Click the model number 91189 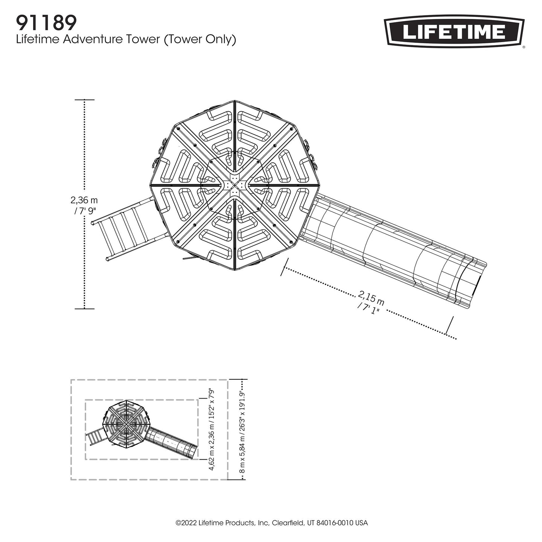46,23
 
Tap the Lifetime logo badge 454,32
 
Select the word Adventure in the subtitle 111,40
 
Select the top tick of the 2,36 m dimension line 84,100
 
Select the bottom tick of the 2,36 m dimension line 84,309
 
